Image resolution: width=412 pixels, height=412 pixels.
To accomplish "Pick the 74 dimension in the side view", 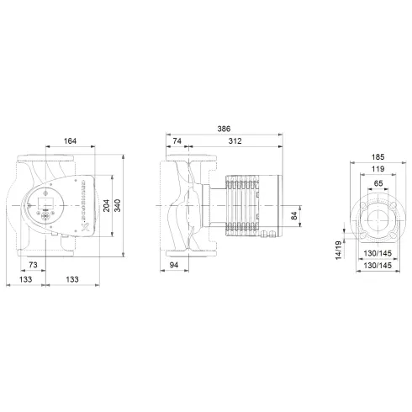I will [177, 141].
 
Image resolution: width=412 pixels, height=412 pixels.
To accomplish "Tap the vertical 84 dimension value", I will [293, 215].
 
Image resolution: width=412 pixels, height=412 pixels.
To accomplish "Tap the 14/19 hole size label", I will [338, 248].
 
